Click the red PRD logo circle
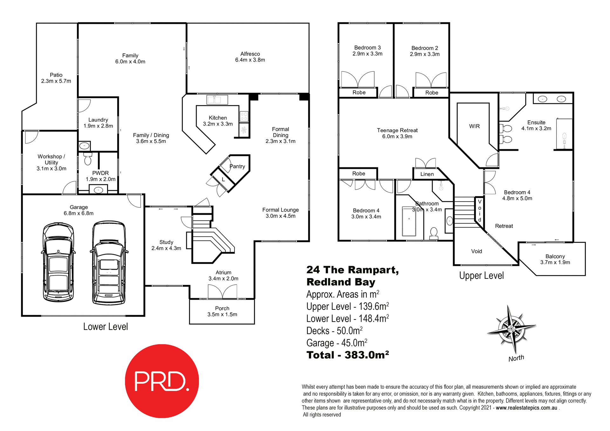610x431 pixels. (162, 381)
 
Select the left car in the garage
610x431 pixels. (58, 262)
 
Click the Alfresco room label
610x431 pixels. (250, 54)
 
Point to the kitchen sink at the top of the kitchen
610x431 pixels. (217, 100)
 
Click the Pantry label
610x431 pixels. (237, 166)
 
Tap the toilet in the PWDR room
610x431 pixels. (88, 158)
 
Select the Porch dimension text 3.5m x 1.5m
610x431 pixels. (222, 314)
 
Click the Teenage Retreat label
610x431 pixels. (397, 131)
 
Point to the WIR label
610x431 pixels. (474, 126)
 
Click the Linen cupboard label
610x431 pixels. (427, 174)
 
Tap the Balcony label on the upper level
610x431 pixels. (555, 256)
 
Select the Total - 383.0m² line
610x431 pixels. (348, 355)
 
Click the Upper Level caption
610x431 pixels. (481, 276)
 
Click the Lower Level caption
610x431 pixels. (105, 327)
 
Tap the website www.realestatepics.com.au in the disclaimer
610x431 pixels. (526, 408)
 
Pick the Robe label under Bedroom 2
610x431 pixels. (431, 93)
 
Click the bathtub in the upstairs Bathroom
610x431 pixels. (409, 221)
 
